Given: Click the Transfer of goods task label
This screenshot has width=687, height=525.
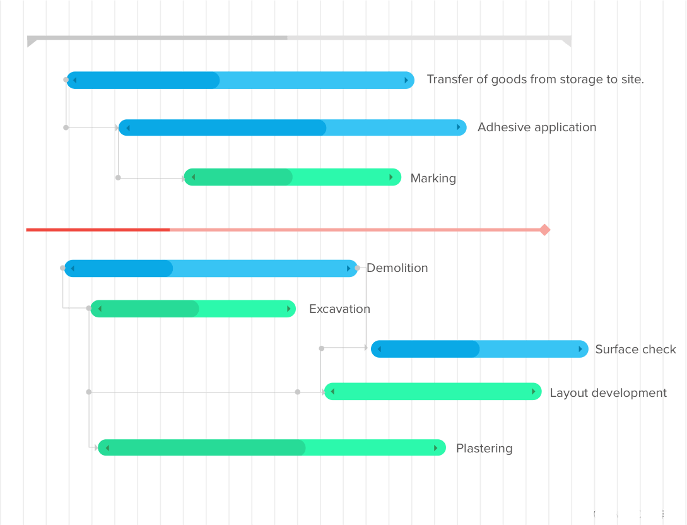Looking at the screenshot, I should click(535, 80).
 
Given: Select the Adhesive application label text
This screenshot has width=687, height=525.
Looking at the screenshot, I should click(537, 127).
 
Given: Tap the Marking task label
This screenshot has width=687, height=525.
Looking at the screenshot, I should click(433, 179).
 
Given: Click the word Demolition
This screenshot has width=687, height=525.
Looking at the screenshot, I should click(397, 268).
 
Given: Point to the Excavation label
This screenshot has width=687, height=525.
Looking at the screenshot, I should click(339, 309).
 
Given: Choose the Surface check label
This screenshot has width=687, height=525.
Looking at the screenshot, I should click(635, 350).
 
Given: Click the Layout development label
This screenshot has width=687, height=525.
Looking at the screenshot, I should click(608, 393).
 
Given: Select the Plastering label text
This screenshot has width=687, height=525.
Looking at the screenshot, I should click(484, 449).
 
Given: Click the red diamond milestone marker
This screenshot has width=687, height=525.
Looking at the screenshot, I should click(544, 230).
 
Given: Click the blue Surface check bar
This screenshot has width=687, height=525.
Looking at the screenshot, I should click(479, 349).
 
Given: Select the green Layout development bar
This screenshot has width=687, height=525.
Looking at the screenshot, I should click(433, 392).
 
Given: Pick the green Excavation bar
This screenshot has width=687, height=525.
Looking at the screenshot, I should click(193, 309).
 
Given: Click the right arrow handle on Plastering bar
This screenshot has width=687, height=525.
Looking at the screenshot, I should click(436, 448).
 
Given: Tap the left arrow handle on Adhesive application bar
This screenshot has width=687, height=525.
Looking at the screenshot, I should click(128, 128).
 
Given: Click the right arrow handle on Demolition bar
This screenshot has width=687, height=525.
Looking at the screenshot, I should click(349, 269).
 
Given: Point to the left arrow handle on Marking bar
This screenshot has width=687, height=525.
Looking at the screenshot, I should click(193, 177).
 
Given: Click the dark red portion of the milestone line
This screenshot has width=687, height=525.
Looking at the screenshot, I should click(98, 230).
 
